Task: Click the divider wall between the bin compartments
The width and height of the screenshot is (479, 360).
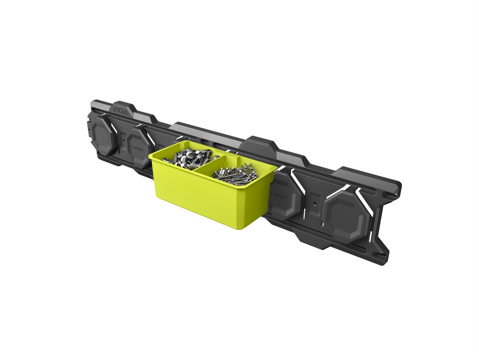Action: click(211, 163)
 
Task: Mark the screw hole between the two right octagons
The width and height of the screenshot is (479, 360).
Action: click(314, 204)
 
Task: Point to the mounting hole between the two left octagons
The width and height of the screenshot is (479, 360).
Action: click(123, 143)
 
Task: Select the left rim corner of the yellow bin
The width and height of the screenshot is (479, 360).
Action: click(151, 155)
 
